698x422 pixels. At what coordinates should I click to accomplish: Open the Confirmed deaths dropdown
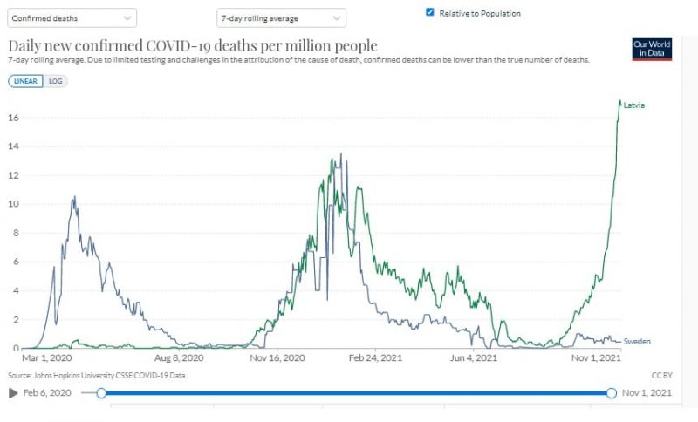click(x=72, y=17)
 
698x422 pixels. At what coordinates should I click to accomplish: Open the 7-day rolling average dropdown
click(x=281, y=17)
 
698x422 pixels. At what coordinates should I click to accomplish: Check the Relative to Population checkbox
click(x=430, y=13)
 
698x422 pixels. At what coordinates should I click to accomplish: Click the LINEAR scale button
click(x=26, y=81)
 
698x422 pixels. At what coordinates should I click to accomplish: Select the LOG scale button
click(x=56, y=81)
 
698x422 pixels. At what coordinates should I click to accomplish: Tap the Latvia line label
click(x=634, y=105)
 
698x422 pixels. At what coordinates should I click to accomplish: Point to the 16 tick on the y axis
click(x=13, y=118)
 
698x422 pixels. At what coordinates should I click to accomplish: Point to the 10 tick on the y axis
click(x=13, y=204)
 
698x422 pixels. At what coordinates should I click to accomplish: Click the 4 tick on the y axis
click(x=15, y=290)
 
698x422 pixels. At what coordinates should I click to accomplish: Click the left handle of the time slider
click(x=101, y=393)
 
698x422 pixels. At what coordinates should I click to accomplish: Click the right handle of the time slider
click(x=612, y=393)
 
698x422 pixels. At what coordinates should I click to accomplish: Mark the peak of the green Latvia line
click(x=619, y=101)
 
